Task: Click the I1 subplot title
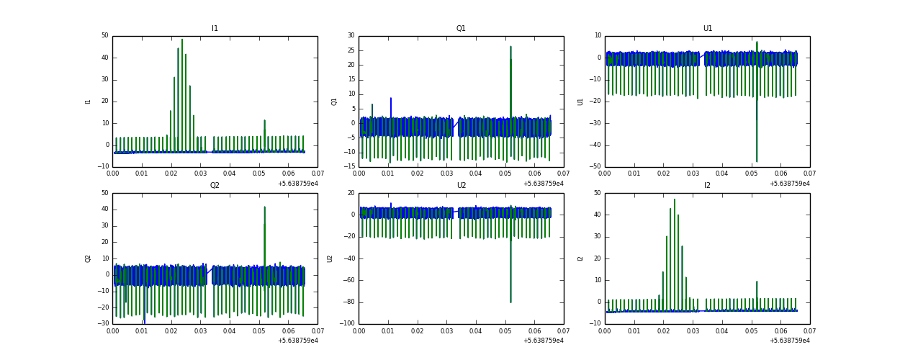pos(215,29)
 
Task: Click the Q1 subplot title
pos(461,29)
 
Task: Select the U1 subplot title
pos(707,29)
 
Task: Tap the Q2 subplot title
pos(215,186)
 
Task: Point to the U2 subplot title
pos(461,186)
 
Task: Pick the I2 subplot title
pos(707,186)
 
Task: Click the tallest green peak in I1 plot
pos(182,40)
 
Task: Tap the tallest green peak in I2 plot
pos(675,199)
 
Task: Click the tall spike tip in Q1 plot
pos(510,47)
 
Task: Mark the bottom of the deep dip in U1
pos(757,161)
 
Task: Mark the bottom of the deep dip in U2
pos(510,302)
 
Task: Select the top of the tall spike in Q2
pos(264,207)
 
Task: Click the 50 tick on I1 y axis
pos(105,36)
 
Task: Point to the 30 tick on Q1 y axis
pos(351,36)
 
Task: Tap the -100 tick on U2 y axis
pos(348,324)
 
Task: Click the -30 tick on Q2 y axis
pos(104,324)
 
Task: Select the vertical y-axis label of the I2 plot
pos(580,258)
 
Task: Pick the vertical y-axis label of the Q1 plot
pos(334,102)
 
